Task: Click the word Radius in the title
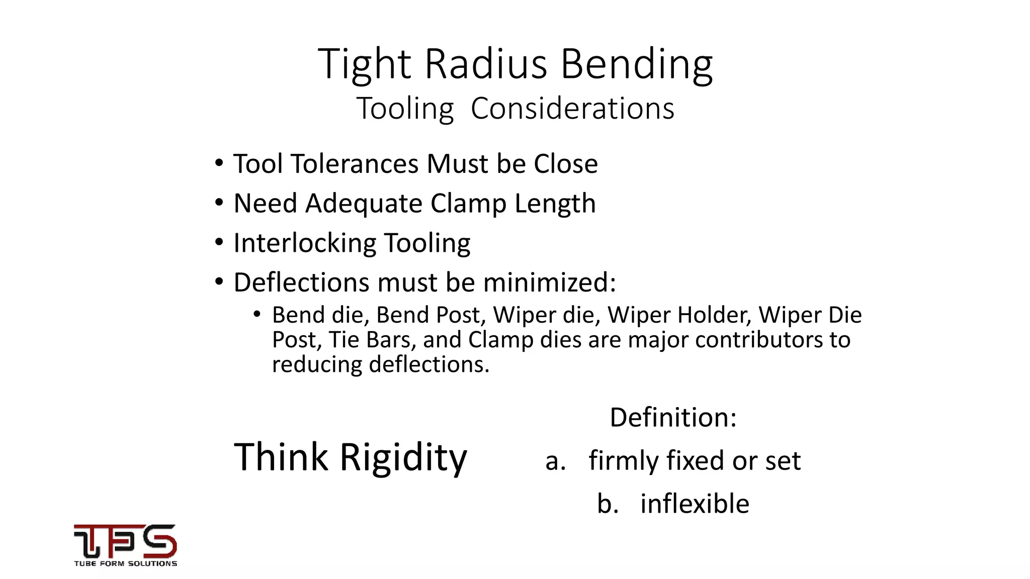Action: (x=486, y=64)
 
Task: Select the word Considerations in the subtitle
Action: (x=572, y=108)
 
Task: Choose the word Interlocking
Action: (x=305, y=243)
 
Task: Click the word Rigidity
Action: (x=403, y=457)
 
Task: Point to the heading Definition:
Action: (x=673, y=417)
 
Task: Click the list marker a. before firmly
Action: (x=555, y=461)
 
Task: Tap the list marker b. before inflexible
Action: (x=608, y=504)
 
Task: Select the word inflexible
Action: (x=695, y=504)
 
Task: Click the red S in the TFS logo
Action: (x=158, y=541)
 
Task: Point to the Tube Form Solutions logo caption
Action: (x=126, y=564)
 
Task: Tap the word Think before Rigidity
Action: (x=281, y=456)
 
